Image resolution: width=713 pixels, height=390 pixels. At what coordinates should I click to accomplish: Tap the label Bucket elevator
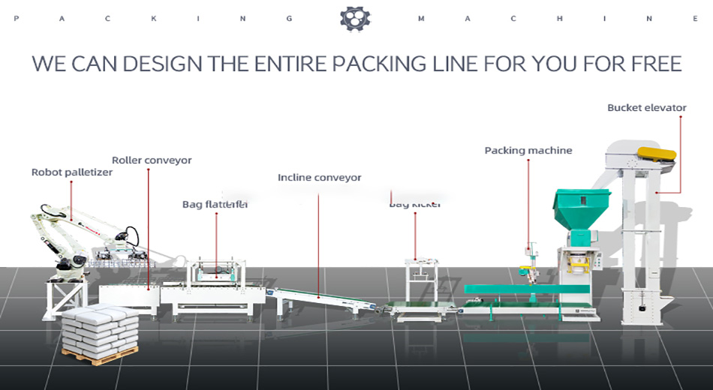coord(646,108)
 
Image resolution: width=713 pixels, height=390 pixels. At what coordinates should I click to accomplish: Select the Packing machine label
coord(528,151)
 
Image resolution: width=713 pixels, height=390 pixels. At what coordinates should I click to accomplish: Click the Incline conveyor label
coord(319,178)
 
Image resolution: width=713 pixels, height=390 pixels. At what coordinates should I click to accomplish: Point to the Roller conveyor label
coord(152,160)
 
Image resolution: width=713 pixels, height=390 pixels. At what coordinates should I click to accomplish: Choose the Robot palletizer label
coord(71,172)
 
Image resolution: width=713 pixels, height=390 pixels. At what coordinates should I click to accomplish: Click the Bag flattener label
coord(215,204)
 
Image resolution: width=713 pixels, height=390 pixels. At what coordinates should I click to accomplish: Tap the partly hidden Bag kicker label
coord(415,204)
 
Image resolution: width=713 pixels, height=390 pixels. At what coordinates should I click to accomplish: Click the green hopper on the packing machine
coord(581,208)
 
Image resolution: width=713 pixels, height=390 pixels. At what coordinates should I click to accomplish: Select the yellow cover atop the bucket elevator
coord(656,154)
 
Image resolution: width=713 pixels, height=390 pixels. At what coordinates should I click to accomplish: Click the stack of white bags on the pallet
coord(101,325)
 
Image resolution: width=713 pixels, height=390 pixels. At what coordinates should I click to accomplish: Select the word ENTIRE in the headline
coord(290,64)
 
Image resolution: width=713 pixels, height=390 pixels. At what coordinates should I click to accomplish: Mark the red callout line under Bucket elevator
coord(680,150)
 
